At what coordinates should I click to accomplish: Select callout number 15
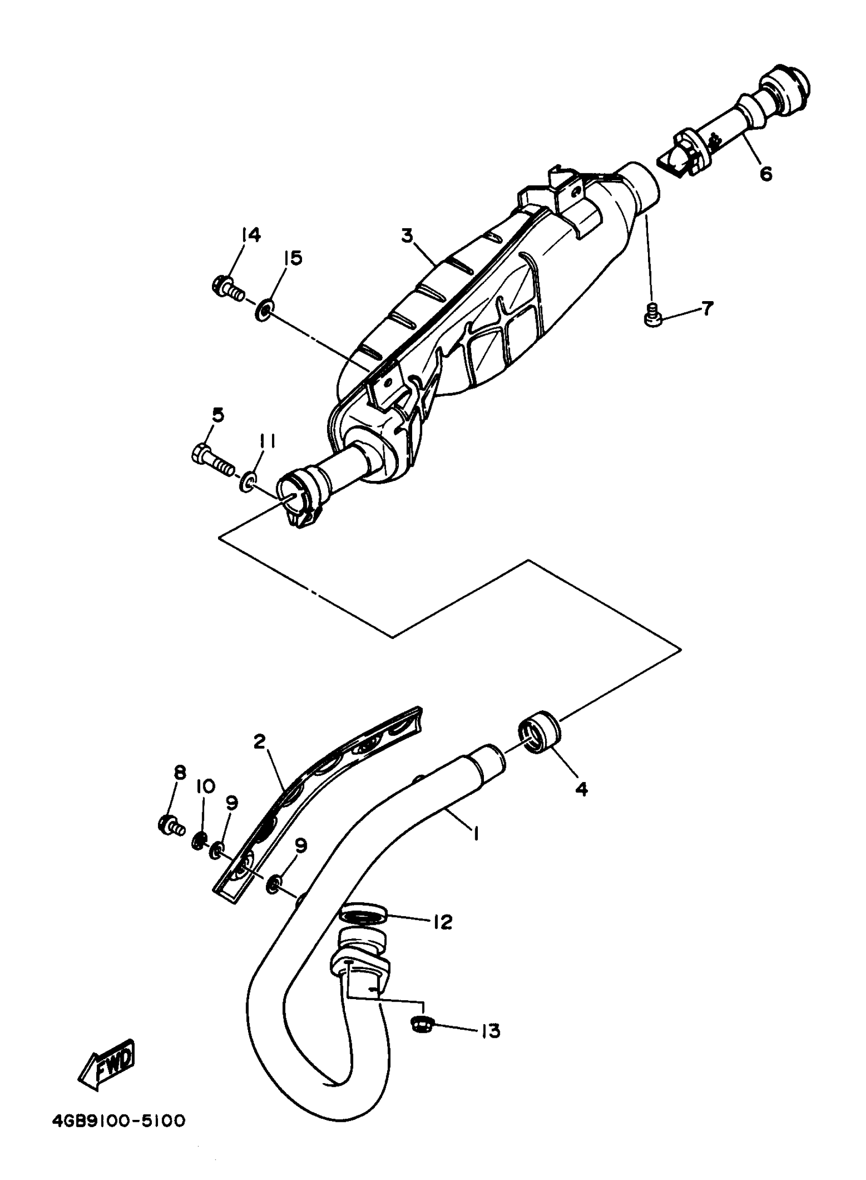293,258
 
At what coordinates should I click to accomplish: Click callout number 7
707,309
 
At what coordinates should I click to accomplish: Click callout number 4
581,788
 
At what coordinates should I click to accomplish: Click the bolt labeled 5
213,457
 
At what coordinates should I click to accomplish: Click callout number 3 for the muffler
407,236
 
